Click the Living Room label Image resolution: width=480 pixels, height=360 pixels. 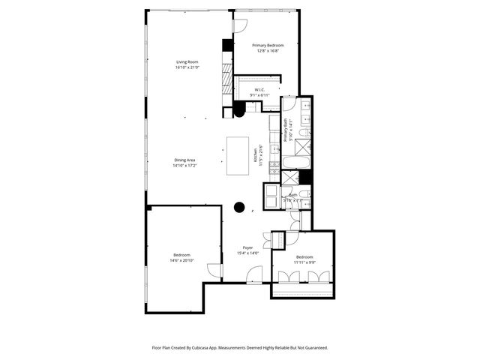point(187,61)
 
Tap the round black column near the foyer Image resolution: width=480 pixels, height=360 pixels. point(239,208)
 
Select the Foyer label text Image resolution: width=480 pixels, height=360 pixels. point(247,247)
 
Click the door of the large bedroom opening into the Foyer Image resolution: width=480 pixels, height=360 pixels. point(214,271)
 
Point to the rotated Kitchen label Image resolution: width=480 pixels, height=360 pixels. point(256,154)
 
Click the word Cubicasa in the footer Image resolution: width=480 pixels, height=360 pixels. point(213,348)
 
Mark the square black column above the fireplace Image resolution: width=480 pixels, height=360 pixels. point(226,44)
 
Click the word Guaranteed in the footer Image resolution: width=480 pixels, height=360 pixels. point(313,348)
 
